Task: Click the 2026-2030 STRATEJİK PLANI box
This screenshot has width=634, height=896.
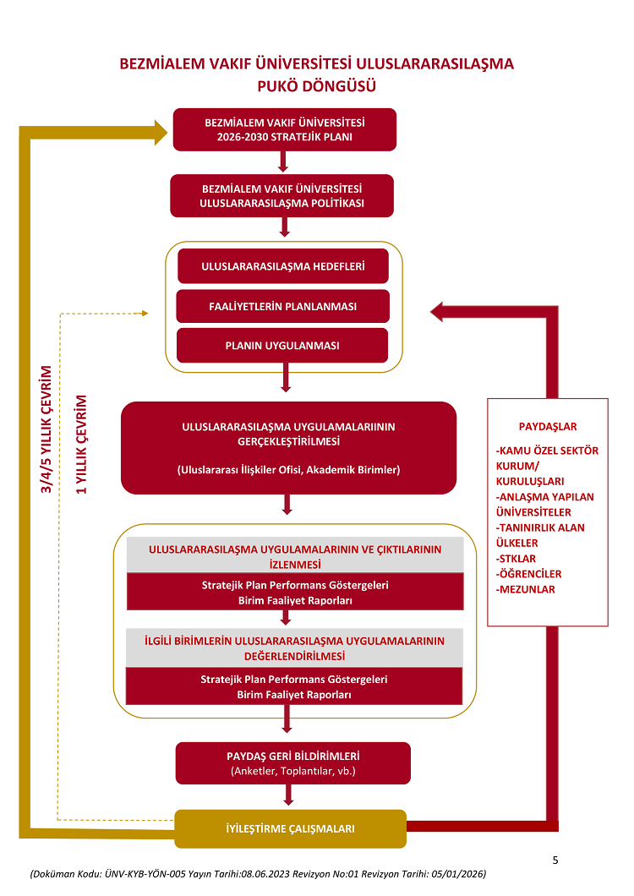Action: pos(284,129)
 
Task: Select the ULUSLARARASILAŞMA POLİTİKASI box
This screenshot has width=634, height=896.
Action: pos(282,195)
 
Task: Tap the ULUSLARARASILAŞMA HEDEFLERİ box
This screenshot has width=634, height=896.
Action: pos(283,266)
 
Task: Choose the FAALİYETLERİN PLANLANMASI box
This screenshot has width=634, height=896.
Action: pos(282,306)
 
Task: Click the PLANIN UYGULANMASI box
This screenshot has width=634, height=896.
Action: pos(282,346)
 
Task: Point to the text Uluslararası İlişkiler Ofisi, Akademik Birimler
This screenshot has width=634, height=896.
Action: pos(288,469)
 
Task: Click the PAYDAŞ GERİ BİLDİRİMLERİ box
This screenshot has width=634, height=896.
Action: pos(293,763)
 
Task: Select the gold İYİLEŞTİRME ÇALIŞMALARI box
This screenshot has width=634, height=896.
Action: pos(290,828)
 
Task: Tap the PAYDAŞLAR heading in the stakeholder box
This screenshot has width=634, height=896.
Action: pos(548,427)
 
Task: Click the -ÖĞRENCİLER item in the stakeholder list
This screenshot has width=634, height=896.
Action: pos(529,574)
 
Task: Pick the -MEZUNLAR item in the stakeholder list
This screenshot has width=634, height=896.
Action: pos(526,589)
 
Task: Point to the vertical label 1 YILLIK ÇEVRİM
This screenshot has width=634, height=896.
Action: pos(82,444)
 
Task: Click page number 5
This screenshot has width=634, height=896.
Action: pos(555,860)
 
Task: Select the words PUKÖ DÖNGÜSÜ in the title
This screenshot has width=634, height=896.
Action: pos(316,85)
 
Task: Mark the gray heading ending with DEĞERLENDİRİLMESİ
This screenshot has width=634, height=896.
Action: pos(294,648)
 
